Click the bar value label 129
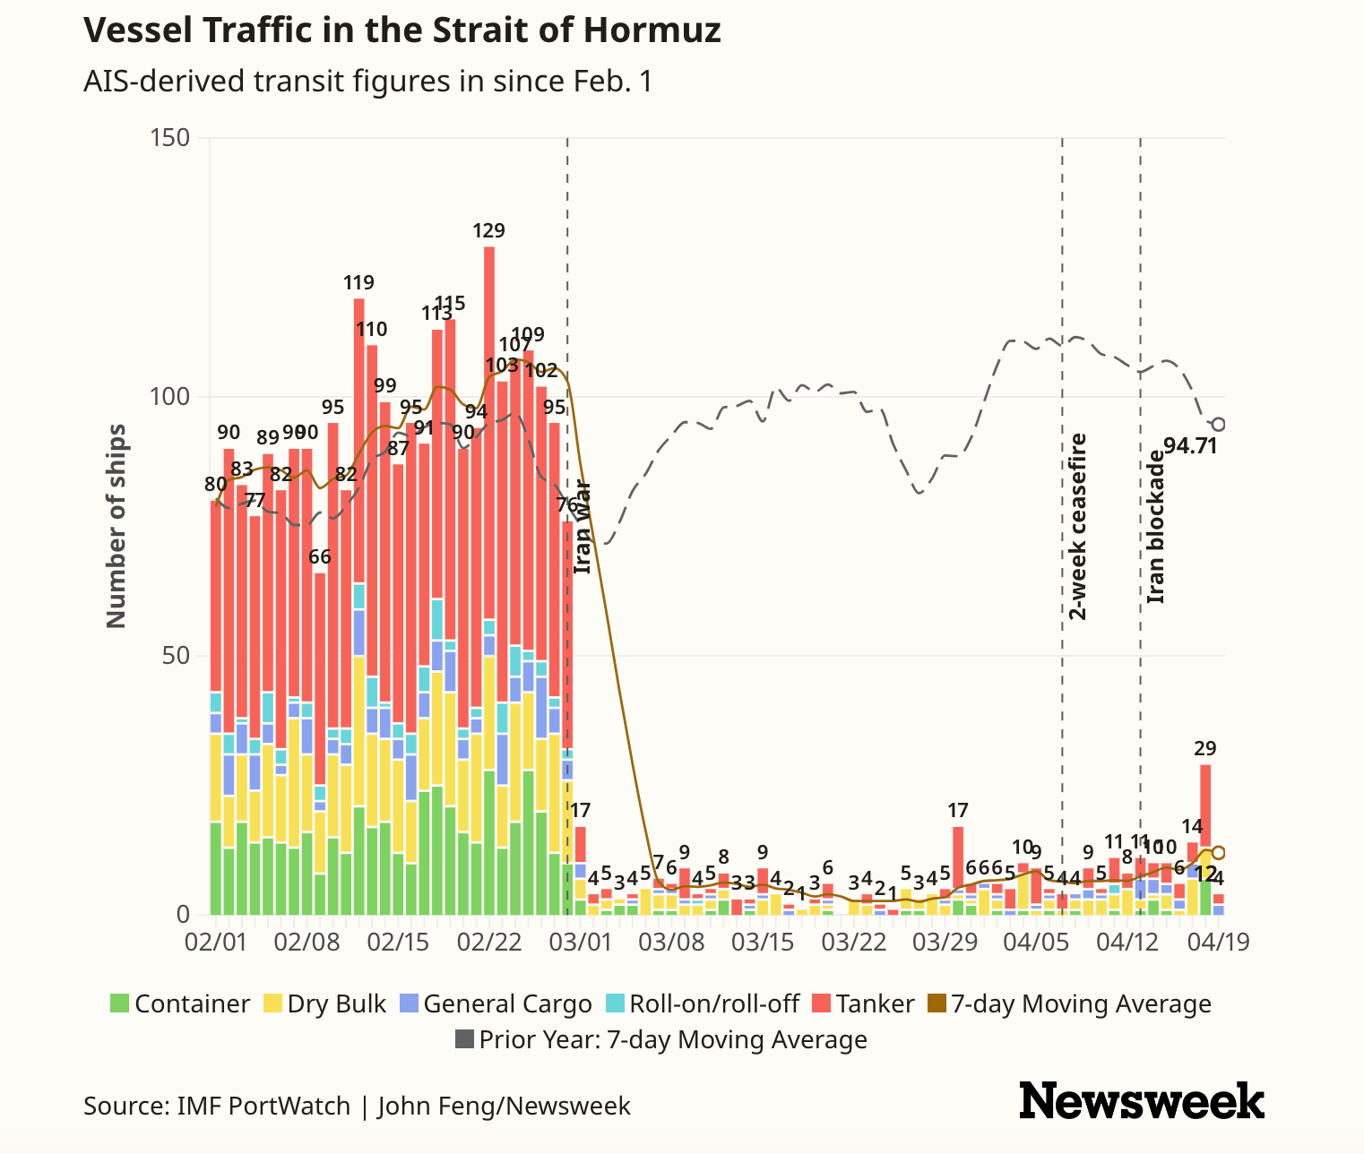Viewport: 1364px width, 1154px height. click(488, 231)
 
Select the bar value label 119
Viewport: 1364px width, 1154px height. click(358, 283)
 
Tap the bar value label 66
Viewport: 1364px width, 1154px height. click(320, 556)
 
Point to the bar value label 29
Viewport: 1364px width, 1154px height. click(1205, 749)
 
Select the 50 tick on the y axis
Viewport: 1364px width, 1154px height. click(177, 656)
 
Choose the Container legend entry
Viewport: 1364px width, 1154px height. click(180, 1003)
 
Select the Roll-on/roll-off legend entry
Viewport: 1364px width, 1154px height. click(703, 1003)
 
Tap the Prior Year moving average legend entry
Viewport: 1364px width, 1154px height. click(661, 1039)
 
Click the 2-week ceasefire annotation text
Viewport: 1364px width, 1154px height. click(1077, 527)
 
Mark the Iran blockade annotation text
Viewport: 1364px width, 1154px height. click(1156, 527)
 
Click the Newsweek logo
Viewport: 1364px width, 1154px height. click(1142, 1100)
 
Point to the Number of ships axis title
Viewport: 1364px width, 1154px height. click(117, 526)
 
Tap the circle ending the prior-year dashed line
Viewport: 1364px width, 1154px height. click(1219, 425)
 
